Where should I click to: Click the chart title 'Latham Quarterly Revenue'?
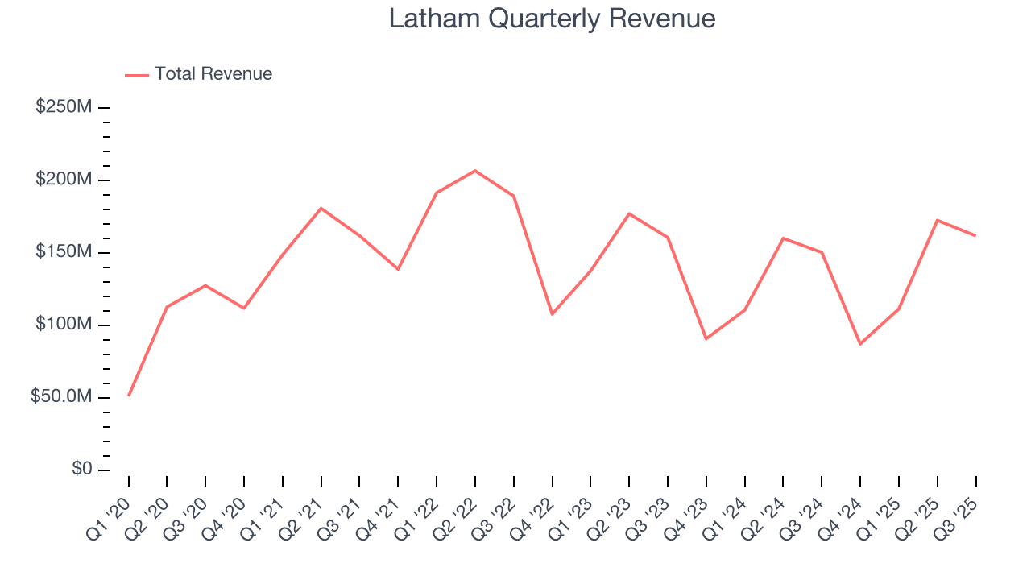coord(552,19)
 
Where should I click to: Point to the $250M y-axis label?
coord(64,107)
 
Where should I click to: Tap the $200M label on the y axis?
coord(64,180)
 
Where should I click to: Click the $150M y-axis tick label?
coord(64,252)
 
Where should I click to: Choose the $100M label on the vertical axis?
coord(64,325)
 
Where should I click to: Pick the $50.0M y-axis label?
coord(59,397)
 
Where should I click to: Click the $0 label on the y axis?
coord(80,470)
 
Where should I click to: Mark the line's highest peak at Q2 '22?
coord(475,171)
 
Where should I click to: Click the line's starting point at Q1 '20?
coord(129,396)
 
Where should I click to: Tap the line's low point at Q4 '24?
coord(860,344)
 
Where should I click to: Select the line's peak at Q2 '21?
coord(321,208)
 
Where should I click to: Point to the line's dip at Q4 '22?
coord(552,314)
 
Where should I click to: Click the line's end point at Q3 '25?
coord(975,235)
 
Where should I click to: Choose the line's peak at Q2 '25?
coord(938,220)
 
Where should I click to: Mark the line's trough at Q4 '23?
coord(706,338)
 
